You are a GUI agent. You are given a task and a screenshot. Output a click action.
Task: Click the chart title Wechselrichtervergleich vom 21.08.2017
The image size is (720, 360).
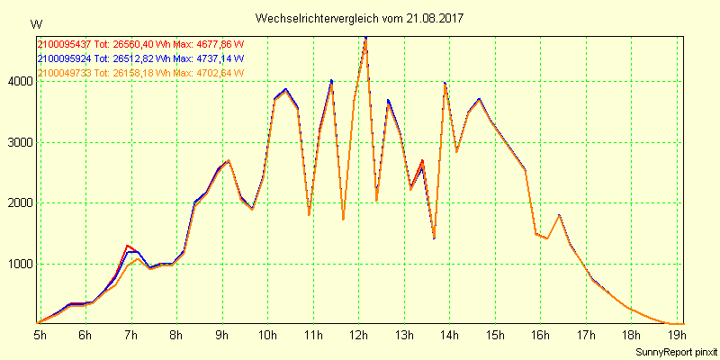(360, 18)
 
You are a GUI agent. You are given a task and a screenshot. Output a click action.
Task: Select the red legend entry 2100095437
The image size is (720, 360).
(65, 43)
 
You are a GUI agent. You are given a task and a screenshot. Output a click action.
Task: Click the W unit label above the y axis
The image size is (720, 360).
(35, 23)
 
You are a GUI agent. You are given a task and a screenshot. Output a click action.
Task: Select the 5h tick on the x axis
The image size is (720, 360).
(40, 335)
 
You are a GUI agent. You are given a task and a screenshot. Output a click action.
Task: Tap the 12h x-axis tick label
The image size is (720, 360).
(359, 335)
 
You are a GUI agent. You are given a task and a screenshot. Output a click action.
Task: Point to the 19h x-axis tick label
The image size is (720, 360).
(679, 335)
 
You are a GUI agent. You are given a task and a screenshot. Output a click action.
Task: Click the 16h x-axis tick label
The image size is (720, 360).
(542, 335)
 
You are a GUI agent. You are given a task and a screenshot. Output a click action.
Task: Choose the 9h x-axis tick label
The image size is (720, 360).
(222, 335)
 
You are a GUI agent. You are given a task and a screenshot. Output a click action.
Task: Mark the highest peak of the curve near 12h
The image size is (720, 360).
(365, 38)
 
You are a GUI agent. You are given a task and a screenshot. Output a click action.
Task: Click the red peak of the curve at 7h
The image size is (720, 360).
(129, 245)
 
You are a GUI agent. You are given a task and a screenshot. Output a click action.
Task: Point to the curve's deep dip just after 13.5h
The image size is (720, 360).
(434, 238)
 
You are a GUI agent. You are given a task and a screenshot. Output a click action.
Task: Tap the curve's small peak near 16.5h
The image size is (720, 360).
(559, 215)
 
